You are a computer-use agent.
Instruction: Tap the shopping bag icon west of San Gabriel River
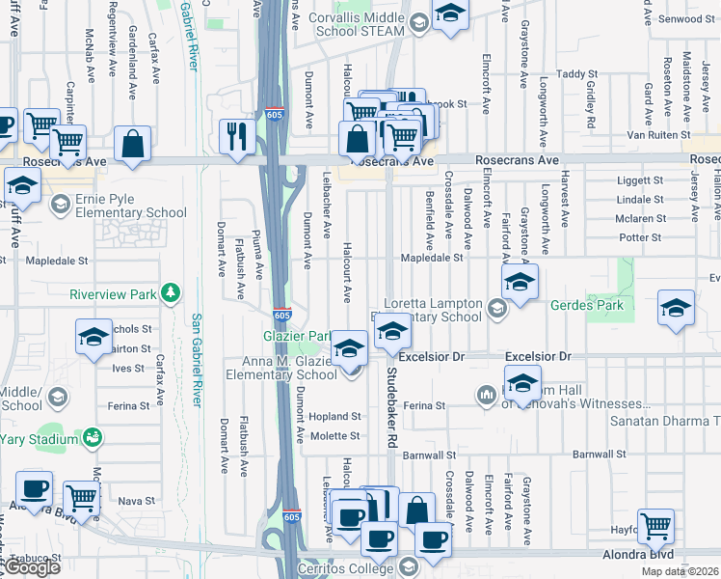click(133, 145)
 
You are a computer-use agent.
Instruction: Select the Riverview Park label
click(113, 293)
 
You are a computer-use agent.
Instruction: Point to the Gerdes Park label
click(586, 306)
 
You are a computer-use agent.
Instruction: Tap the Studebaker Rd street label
click(391, 405)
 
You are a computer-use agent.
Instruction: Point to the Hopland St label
click(334, 417)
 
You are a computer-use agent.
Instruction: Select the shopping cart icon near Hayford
click(656, 526)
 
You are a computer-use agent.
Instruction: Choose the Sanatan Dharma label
click(665, 422)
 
